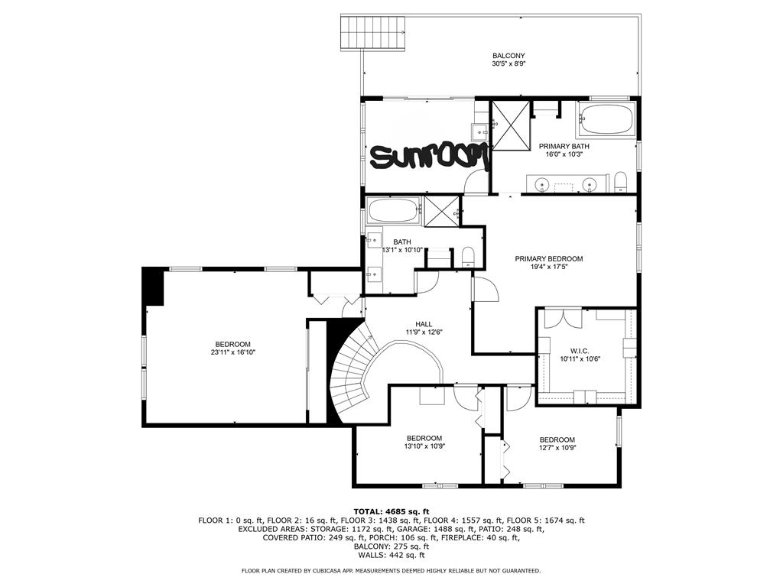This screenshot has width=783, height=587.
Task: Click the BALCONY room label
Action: click(x=508, y=55)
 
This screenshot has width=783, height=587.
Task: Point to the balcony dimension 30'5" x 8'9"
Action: click(x=508, y=64)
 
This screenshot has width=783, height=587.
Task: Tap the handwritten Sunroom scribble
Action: click(x=428, y=157)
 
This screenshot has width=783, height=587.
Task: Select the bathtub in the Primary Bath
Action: click(x=605, y=120)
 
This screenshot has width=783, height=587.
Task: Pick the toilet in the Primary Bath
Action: click(x=620, y=182)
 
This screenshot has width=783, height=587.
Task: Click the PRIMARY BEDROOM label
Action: click(x=548, y=259)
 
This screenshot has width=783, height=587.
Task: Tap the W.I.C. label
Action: click(x=580, y=350)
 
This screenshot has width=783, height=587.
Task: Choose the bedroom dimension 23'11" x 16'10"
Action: click(x=232, y=353)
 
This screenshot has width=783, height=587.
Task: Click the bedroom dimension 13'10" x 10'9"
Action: click(x=424, y=447)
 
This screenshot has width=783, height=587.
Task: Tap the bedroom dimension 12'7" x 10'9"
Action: click(x=557, y=449)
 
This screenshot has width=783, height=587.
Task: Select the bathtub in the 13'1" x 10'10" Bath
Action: click(x=394, y=210)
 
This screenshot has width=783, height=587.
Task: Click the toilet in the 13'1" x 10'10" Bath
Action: click(x=469, y=257)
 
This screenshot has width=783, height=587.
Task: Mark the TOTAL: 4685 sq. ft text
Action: click(x=391, y=511)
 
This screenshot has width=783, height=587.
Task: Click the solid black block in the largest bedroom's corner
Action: click(x=154, y=286)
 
